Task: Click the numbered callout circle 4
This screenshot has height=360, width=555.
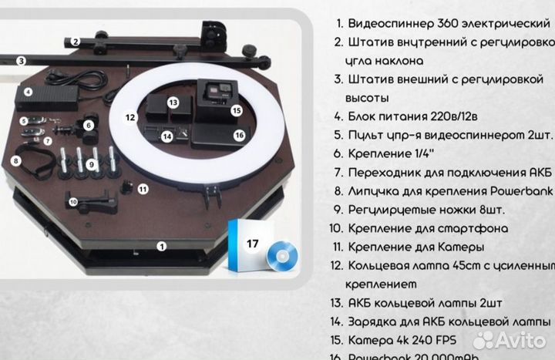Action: pyautogui.click(x=28, y=92)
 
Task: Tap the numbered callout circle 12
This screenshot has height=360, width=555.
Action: pyautogui.click(x=132, y=118)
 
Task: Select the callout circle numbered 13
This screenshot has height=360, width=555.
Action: pyautogui.click(x=173, y=102)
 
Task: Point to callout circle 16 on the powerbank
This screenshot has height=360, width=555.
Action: pyautogui.click(x=239, y=133)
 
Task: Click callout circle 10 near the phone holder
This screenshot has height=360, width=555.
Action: pyautogui.click(x=73, y=202)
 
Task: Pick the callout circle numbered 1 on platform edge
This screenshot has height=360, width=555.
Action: pyautogui.click(x=161, y=247)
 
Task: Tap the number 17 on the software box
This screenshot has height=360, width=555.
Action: pyautogui.click(x=251, y=242)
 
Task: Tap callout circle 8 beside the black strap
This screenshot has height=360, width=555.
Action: pyautogui.click(x=16, y=161)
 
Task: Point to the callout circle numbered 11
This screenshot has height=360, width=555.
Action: pyautogui.click(x=143, y=187)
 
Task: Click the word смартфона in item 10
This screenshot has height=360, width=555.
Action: pyautogui.click(x=467, y=228)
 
